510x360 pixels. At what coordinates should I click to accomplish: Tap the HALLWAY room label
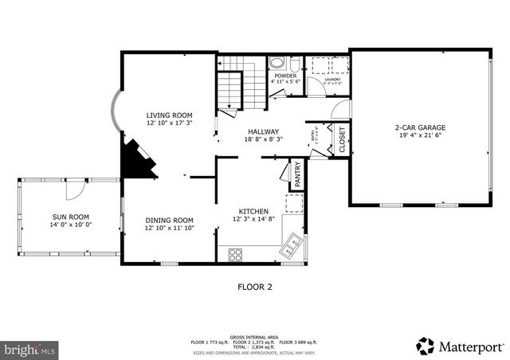point(263,131)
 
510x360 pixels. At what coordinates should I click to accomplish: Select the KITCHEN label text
point(253,211)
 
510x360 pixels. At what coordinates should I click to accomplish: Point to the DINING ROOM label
point(169,221)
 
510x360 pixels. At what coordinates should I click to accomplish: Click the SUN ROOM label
point(70,217)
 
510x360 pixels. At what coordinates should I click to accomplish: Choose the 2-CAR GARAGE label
point(420,127)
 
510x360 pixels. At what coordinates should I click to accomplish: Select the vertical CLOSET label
point(343,140)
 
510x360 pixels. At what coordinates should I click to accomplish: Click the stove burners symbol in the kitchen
point(236,255)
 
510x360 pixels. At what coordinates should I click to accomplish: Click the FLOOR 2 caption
point(255,287)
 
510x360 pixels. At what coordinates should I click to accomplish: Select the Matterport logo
point(460,346)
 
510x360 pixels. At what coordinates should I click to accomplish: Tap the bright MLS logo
point(29,348)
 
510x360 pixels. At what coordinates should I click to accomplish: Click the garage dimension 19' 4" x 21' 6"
point(420,136)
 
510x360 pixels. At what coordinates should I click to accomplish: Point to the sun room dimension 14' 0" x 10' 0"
point(70,225)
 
